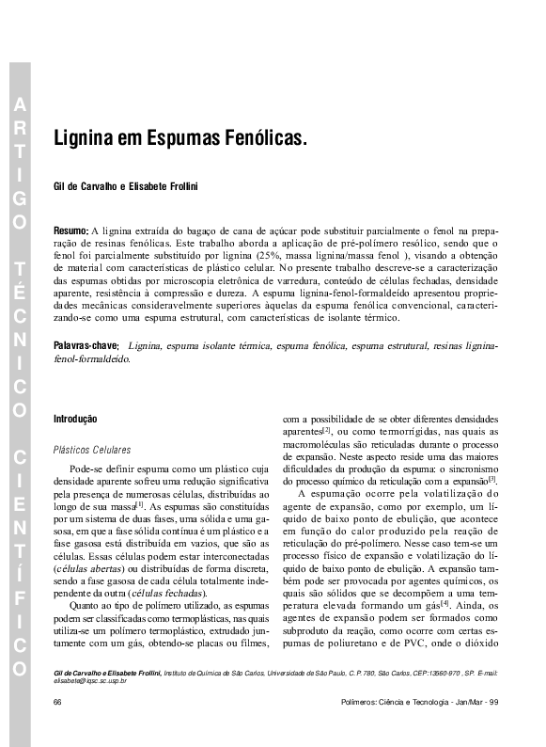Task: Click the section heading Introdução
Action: point(76,418)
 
